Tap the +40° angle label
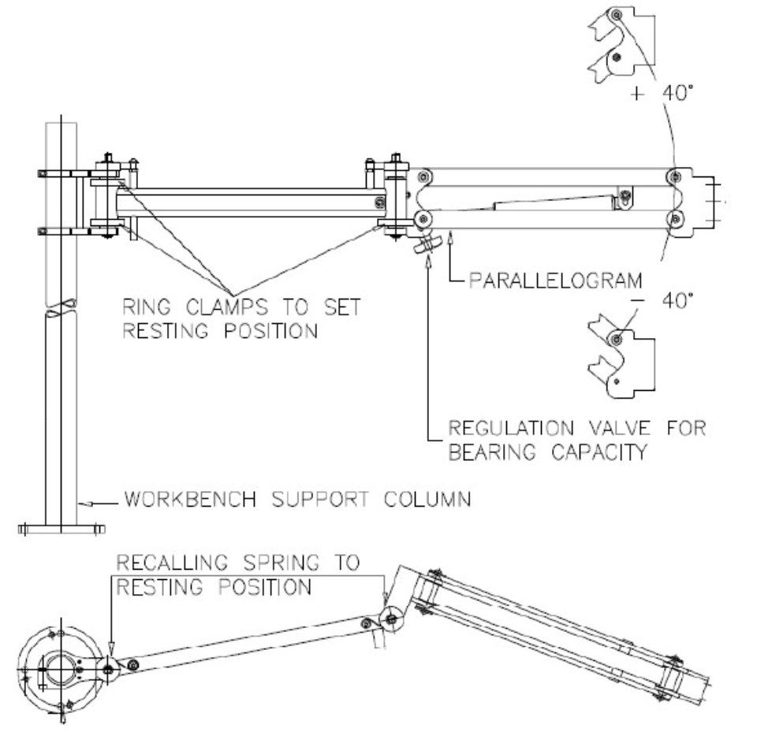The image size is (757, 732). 658,93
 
